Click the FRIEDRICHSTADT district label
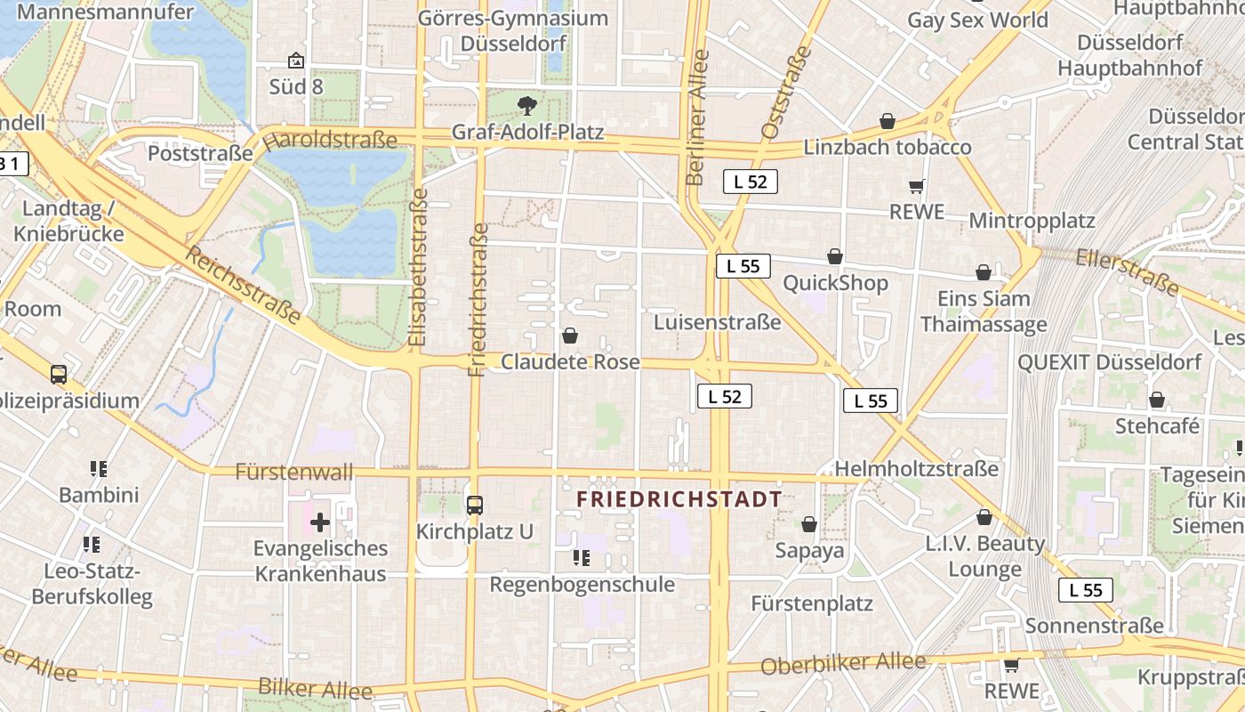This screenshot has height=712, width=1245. tap(679, 499)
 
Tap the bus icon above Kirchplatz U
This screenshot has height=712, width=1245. tap(475, 506)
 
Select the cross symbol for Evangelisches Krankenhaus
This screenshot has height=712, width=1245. tap(320, 522)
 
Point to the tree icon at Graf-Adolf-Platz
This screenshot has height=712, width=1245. tap(527, 106)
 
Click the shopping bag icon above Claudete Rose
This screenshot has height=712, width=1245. tap(570, 336)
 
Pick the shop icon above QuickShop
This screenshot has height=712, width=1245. tap(835, 256)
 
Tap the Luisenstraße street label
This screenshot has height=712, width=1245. tap(718, 322)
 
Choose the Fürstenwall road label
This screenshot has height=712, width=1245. tap(293, 472)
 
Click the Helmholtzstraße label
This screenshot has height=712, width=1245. tap(916, 468)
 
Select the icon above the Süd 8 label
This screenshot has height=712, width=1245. tap(296, 61)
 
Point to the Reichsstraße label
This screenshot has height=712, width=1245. tap(243, 284)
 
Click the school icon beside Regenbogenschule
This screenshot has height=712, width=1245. tap(582, 558)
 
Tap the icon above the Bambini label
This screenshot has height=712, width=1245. tap(99, 468)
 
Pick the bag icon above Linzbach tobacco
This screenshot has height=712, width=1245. tap(887, 121)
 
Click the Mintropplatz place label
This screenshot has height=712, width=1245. tap(1032, 220)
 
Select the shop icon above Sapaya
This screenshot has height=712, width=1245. tap(809, 524)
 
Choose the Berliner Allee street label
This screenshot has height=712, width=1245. tap(698, 117)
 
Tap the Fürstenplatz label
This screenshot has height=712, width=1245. tap(812, 603)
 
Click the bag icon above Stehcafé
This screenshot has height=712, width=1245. tap(1157, 400)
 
